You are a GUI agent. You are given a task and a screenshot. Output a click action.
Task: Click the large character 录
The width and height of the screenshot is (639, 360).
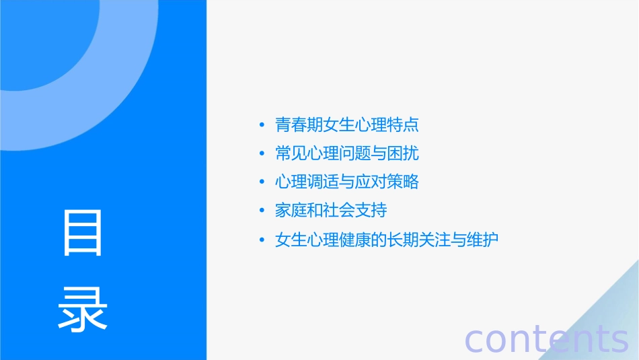point(83,308)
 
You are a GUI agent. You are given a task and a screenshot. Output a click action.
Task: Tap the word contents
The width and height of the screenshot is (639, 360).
point(547,338)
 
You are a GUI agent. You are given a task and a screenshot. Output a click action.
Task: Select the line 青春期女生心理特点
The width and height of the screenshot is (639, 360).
point(347,124)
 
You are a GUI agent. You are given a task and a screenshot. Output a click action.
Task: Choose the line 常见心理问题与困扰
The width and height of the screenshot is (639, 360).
point(347,153)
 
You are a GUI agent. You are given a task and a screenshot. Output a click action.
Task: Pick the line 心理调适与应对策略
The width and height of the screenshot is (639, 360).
point(347,182)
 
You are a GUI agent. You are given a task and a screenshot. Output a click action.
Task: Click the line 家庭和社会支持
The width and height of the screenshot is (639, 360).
point(331,211)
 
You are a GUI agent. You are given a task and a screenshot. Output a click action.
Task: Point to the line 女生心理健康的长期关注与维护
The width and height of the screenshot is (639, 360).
point(387,240)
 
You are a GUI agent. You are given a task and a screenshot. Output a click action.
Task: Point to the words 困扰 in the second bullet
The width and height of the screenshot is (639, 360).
point(403,153)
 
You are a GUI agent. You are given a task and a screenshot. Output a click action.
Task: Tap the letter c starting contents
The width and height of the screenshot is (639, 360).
point(474,340)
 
